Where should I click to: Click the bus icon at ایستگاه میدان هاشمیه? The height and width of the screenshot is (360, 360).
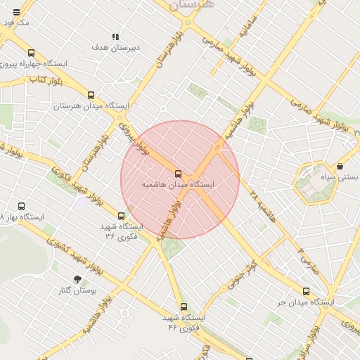[177, 174]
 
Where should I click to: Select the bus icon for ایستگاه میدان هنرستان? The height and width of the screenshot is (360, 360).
[91, 95]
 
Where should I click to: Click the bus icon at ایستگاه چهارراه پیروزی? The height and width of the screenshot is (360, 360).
[31, 53]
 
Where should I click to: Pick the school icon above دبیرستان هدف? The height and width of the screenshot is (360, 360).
[115, 37]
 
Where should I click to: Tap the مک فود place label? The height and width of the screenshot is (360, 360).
[15, 22]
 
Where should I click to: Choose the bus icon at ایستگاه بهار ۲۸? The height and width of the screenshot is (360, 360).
[21, 207]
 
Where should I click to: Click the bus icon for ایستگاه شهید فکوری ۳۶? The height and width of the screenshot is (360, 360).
[121, 217]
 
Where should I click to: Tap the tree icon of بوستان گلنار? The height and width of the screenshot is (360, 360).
[77, 279]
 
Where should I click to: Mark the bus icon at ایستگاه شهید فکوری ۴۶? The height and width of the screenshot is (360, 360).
[184, 307]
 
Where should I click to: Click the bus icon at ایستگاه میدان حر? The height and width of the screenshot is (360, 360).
[306, 291]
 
